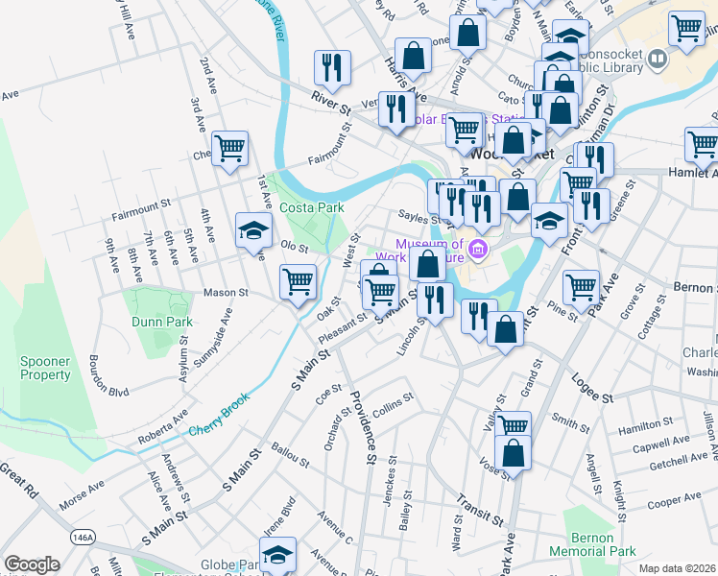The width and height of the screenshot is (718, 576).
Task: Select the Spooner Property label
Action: [x=45, y=368]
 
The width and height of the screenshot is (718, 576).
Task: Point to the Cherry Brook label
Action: [x=219, y=415]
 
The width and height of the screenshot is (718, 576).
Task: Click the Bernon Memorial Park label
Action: [x=592, y=544]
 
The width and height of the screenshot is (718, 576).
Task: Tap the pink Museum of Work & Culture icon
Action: [x=479, y=252]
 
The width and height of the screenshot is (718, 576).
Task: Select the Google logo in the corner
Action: [x=31, y=564]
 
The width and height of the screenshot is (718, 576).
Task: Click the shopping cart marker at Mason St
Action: [x=298, y=281]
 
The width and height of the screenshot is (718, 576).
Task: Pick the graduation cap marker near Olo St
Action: [x=253, y=230]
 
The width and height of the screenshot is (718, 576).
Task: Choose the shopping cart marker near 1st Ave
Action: [x=230, y=149]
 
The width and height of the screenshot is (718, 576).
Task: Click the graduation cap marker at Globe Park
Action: [x=277, y=554]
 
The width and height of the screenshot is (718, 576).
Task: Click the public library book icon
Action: [x=658, y=60]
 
